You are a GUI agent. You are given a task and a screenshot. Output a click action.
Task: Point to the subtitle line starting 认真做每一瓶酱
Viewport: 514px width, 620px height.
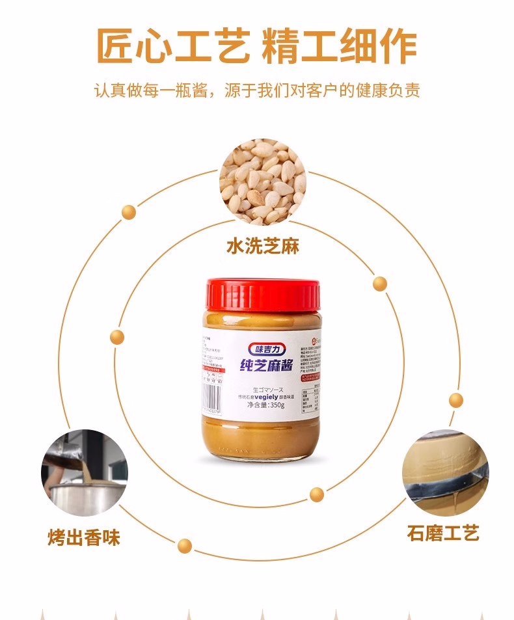257,90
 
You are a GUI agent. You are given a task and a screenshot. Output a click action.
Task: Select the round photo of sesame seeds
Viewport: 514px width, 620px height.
262,182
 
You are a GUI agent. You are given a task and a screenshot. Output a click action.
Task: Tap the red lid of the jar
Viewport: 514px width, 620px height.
264,295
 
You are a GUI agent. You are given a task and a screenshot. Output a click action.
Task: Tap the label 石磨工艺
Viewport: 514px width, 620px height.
443,534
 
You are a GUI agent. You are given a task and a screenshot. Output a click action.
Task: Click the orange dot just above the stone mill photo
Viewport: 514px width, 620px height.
456,400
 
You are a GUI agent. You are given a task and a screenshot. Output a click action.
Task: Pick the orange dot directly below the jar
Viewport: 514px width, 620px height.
316,494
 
